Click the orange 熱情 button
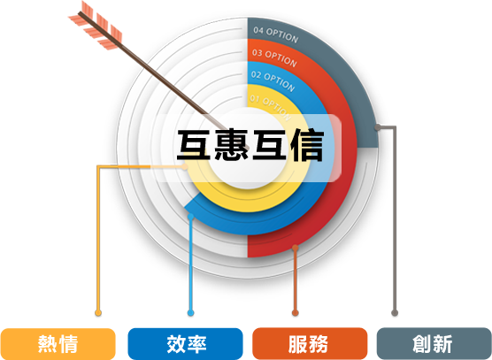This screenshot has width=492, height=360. pos(58,344)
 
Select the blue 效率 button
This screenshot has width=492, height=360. pos(186,344)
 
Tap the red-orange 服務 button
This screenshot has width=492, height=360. pos(310,344)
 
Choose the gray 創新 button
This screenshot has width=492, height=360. pos(434,344)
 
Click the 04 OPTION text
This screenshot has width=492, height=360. pos(275,34)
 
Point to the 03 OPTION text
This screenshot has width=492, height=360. pos(274,57)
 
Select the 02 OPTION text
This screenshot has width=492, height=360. pos(273,80)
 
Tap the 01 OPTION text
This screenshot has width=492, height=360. pos(271,107)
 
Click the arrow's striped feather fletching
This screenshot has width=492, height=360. pos(96,26)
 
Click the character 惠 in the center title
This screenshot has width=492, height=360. pos(232,146)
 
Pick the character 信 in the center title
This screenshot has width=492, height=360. pos(306,146)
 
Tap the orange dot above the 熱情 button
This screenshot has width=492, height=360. pos(98,312)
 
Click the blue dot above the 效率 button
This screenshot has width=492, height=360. pos(190,312)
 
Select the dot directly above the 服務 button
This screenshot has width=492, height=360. pos(295,312)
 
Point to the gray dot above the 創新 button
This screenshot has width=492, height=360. pos(395,312)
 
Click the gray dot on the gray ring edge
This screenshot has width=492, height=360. pos(378,127)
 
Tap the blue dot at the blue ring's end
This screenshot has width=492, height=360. pos(190,217)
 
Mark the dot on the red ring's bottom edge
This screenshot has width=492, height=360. pos(295,248)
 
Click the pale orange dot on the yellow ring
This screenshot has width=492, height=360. pos(184,166)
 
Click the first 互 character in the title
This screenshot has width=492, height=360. pos(194,146)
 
